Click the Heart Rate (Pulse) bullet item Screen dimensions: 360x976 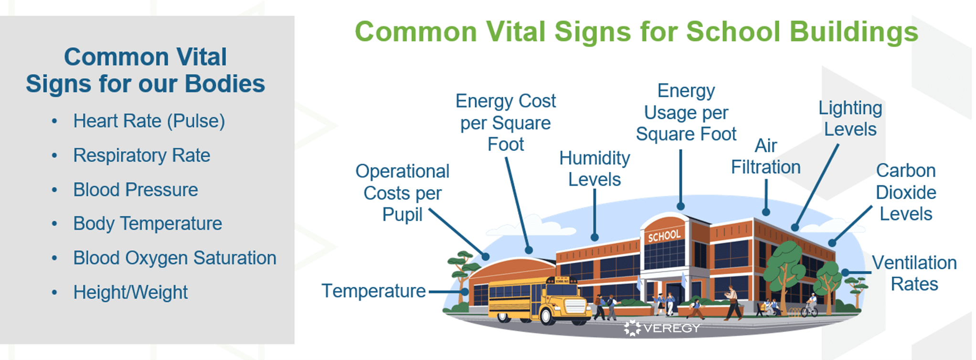coord(149,121)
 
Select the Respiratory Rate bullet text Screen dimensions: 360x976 coord(141,156)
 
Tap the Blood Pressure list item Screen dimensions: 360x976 coord(135,190)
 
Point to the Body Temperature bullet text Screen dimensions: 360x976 coord(147,224)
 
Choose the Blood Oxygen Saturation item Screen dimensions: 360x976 coord(174,258)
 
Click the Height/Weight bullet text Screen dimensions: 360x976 coord(130,293)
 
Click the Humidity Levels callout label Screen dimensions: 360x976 coord(594,169)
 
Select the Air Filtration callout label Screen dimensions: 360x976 coord(765,157)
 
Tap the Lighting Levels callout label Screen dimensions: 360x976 coord(850,118)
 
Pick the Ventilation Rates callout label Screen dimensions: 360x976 coord(914,273)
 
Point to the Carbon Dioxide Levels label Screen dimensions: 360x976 coord(906,192)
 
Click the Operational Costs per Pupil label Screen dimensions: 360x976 coord(402,193)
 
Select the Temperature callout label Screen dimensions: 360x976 coord(373,291)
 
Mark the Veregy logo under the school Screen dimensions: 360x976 coord(662,328)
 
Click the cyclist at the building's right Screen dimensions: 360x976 coord(810,306)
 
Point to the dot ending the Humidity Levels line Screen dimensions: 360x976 coord(594,237)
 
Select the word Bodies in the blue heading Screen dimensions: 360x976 coord(224,84)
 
